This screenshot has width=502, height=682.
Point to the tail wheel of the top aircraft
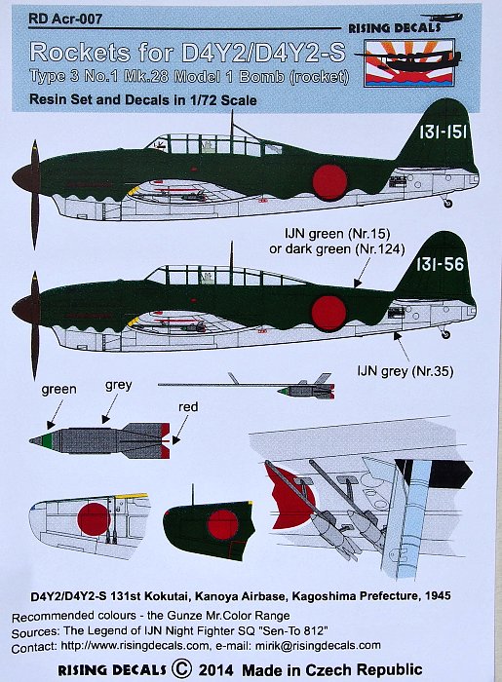(x=446, y=203)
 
